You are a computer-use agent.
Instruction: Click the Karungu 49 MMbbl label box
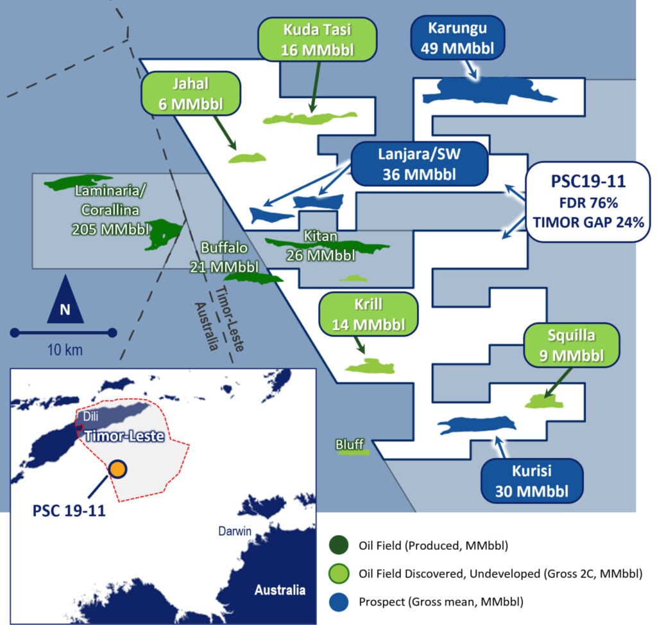click(458, 37)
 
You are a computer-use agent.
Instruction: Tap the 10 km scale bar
click(63, 332)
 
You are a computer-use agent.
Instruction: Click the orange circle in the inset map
click(117, 470)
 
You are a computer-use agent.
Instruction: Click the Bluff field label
click(350, 445)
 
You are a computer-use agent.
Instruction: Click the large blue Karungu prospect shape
click(488, 90)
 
